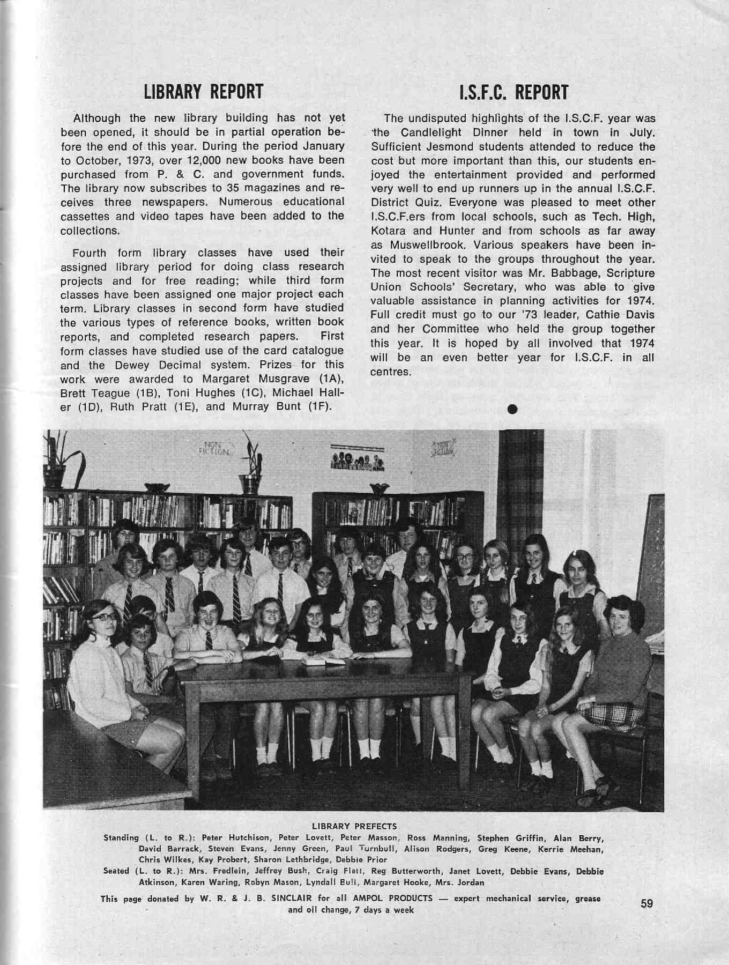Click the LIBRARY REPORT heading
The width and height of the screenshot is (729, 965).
click(203, 92)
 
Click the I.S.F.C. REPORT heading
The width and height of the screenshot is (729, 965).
click(513, 93)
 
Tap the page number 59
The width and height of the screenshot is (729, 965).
click(647, 903)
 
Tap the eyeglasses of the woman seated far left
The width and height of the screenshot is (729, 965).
click(104, 617)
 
